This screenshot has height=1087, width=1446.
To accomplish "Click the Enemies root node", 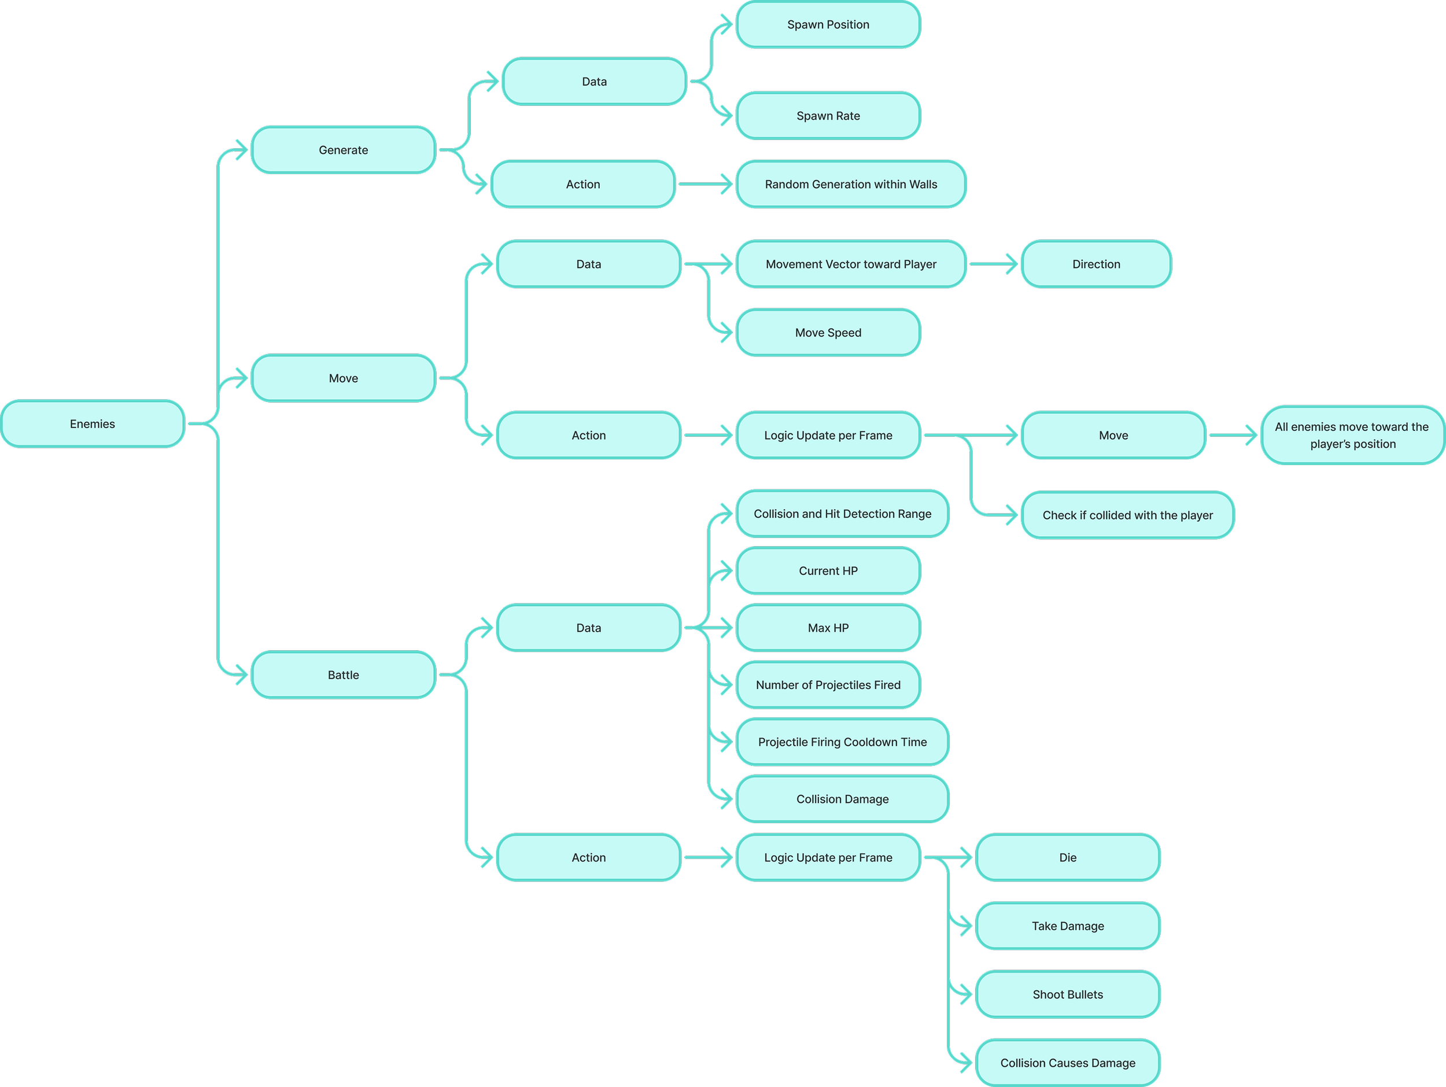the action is click(x=92, y=423).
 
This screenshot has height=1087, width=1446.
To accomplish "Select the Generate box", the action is click(x=343, y=150).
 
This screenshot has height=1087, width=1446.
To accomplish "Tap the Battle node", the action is click(x=343, y=675).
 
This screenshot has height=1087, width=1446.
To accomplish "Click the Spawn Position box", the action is click(x=828, y=25).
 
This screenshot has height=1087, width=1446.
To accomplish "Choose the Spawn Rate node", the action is click(x=828, y=116).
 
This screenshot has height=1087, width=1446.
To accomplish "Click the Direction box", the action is click(x=1095, y=264).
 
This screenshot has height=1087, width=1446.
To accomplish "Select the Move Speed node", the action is click(x=828, y=333).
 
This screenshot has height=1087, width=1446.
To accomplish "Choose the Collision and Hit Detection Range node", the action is click(x=842, y=514).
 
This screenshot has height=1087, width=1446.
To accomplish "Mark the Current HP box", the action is click(x=828, y=570).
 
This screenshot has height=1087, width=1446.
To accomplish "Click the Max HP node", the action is click(x=828, y=628).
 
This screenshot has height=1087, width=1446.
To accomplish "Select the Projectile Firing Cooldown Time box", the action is click(x=842, y=742).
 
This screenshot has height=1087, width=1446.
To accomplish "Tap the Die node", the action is click(x=1068, y=857).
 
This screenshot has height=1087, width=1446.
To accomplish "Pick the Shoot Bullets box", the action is click(x=1068, y=994).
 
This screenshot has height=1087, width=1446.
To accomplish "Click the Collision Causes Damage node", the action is click(x=1068, y=1063).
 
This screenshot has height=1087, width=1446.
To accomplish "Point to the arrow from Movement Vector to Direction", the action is click(x=993, y=264).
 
